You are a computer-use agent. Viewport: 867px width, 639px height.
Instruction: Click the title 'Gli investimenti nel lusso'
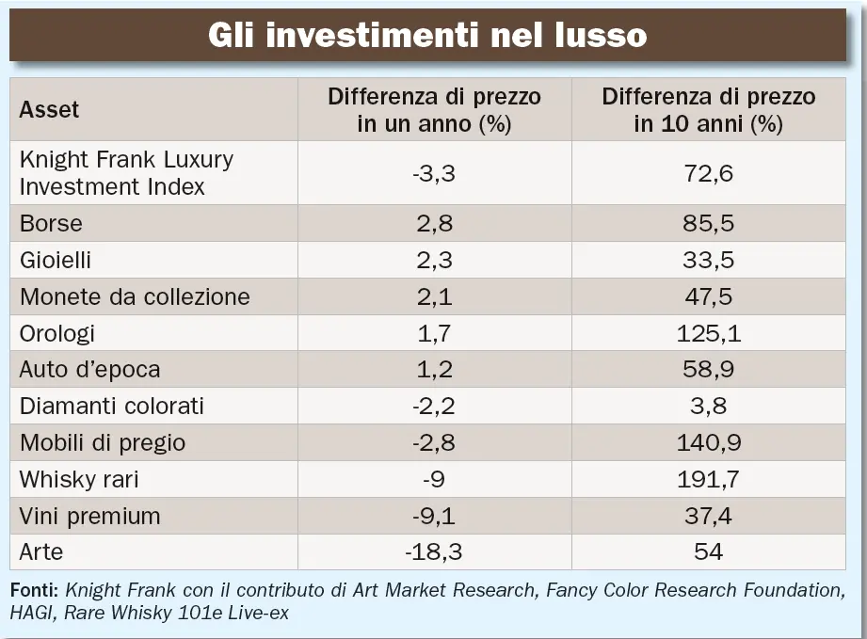point(427,35)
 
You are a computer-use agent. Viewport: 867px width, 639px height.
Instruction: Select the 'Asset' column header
point(49,109)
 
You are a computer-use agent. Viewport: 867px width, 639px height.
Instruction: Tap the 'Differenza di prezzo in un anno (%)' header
point(434,110)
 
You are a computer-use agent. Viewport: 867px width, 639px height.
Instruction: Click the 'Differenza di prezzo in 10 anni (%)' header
point(709,110)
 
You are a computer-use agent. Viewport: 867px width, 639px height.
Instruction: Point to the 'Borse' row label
point(51,223)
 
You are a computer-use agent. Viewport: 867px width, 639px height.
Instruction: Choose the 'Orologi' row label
point(57,333)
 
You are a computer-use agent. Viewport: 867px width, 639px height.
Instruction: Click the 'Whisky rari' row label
point(79,479)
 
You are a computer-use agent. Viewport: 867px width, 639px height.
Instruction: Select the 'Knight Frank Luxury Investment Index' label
point(126,172)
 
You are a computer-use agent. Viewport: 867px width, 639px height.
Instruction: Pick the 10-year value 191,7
point(709,479)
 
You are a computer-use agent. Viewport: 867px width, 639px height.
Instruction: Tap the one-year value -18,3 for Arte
point(434,551)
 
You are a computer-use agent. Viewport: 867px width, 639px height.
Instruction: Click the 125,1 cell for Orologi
point(709,333)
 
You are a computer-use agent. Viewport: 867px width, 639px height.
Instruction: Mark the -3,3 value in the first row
point(434,173)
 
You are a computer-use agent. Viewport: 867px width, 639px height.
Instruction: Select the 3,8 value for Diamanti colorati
point(709,407)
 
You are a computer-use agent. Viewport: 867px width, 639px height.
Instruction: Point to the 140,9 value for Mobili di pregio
point(709,442)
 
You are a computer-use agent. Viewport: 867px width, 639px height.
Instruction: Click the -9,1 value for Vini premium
point(434,516)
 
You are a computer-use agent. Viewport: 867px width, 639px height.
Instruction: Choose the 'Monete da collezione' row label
point(135,296)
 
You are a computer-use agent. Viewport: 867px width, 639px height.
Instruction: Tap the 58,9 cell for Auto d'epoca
point(709,370)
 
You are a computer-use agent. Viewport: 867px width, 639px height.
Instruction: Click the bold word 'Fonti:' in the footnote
point(35,591)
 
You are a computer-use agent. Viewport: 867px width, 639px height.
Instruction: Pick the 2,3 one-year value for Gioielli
point(434,260)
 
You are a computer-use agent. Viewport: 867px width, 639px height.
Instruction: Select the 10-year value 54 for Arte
point(709,551)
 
